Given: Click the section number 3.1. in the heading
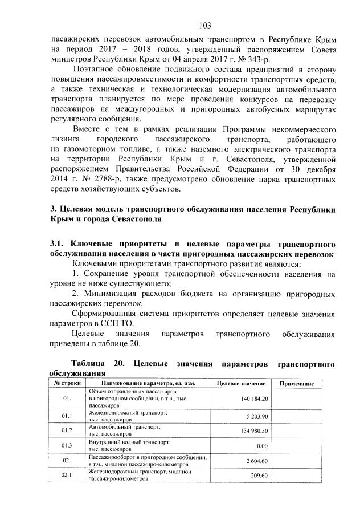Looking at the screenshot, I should pyautogui.click(x=59, y=245).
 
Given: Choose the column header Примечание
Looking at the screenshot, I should pyautogui.click(x=297, y=384).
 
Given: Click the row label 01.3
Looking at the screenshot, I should pyautogui.click(x=67, y=445).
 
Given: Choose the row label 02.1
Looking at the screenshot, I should pyautogui.click(x=67, y=476).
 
